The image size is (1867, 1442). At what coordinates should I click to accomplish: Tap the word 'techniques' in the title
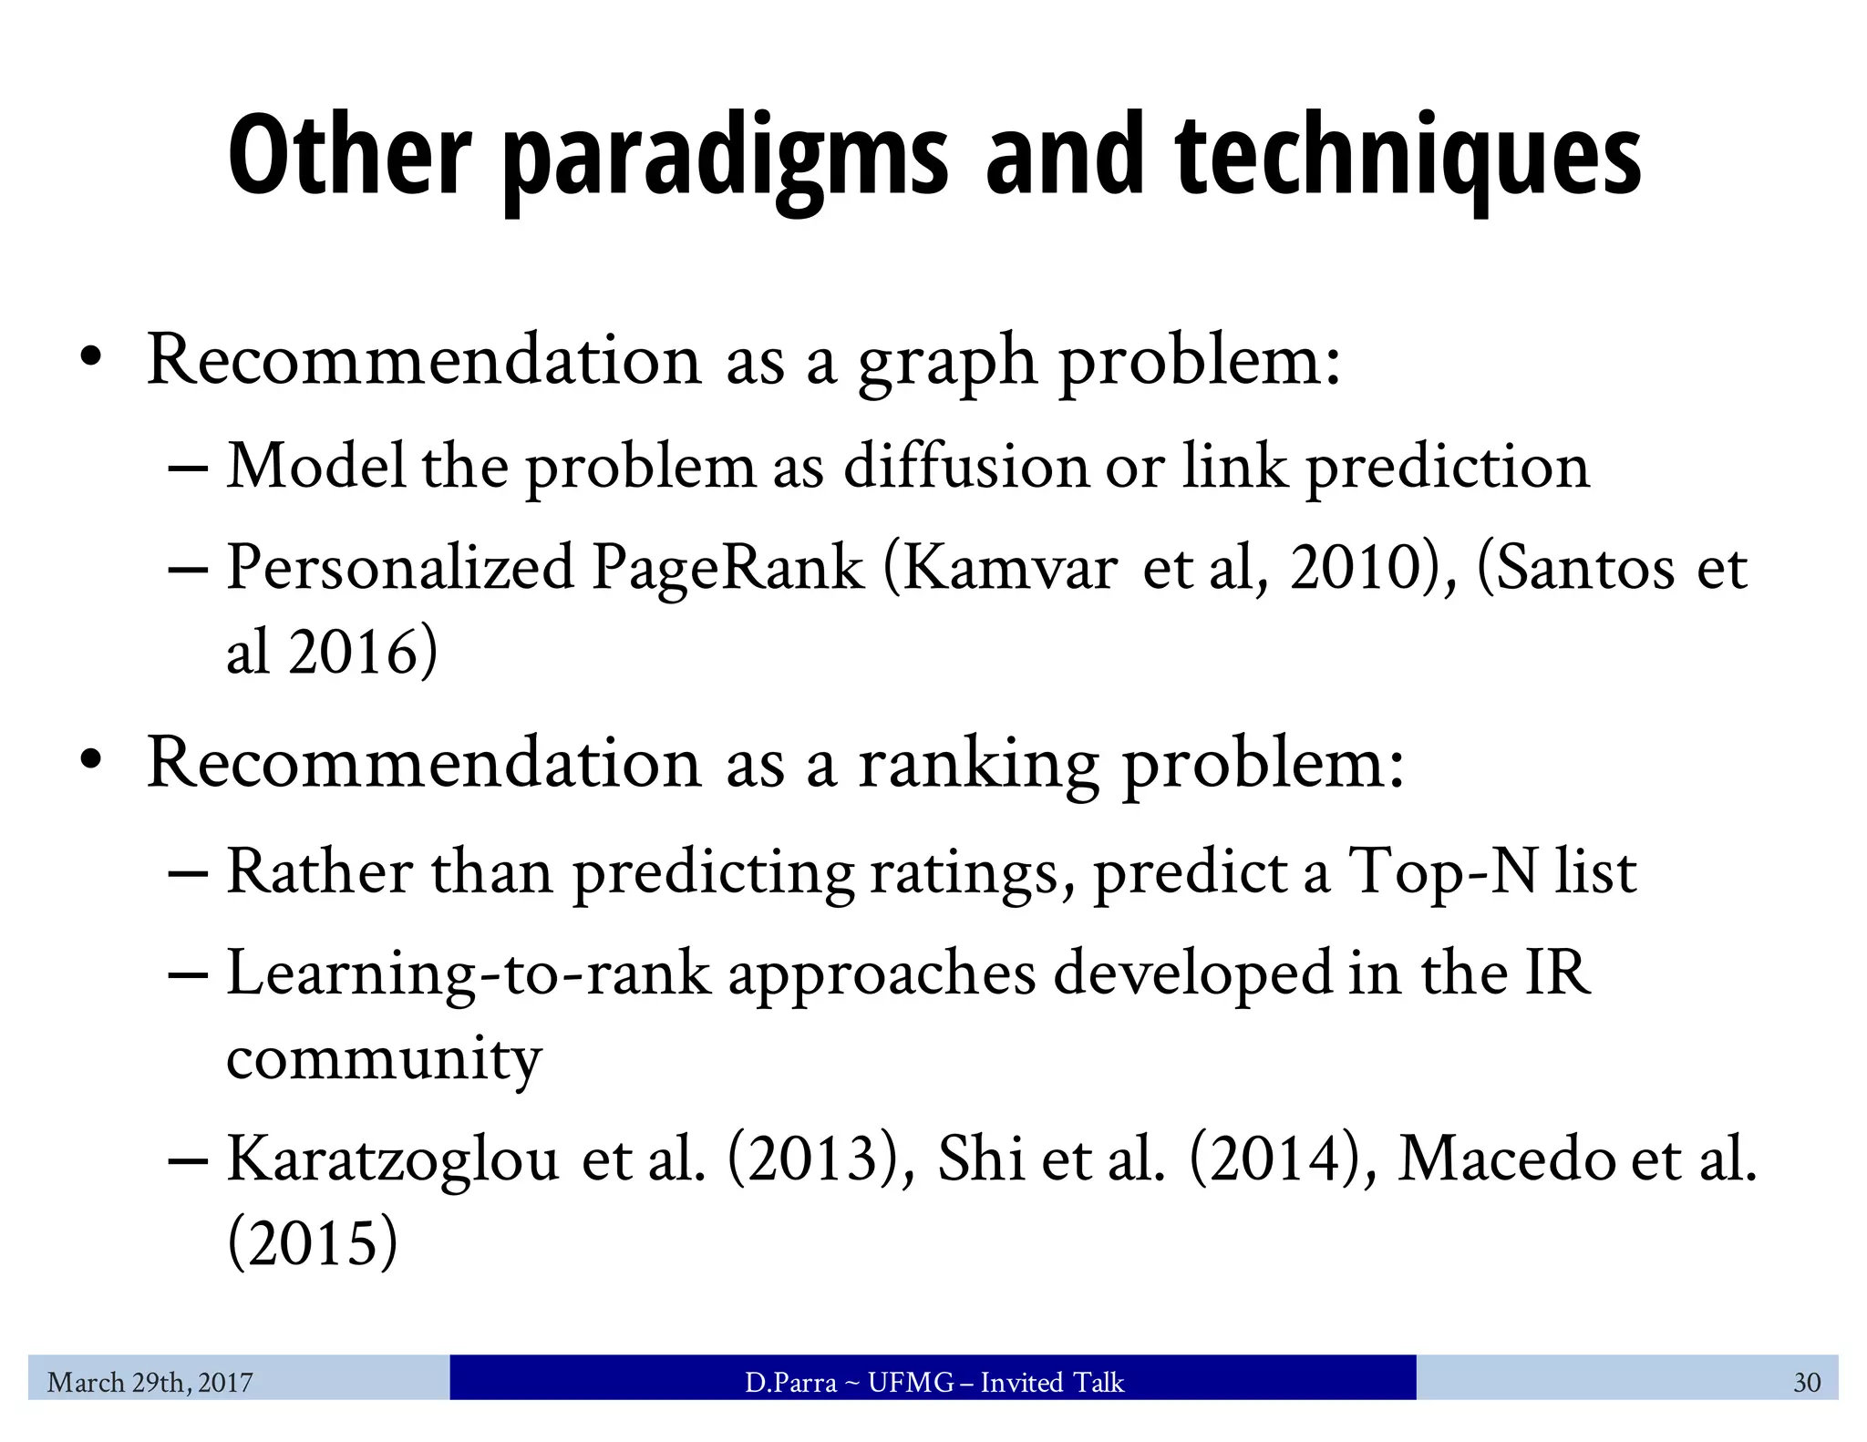coord(1408,157)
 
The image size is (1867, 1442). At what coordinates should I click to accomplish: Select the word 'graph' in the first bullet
coord(946,363)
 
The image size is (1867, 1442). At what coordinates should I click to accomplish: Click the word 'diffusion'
coord(966,467)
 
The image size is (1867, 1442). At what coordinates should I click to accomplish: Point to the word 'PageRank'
coord(727,569)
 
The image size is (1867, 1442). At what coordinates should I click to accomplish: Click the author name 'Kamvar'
coord(1009,569)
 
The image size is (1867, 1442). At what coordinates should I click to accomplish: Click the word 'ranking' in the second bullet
coord(978,766)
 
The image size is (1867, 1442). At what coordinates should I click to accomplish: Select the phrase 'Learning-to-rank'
coord(468,973)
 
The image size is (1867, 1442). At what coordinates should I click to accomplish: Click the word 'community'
coord(384,1059)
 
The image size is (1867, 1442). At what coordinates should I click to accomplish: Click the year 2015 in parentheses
coord(313,1243)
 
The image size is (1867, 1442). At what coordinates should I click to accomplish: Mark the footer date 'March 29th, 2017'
coord(150,1383)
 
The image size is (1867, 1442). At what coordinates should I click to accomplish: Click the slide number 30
coord(1807,1383)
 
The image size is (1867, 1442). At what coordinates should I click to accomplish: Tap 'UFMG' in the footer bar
coord(911,1383)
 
